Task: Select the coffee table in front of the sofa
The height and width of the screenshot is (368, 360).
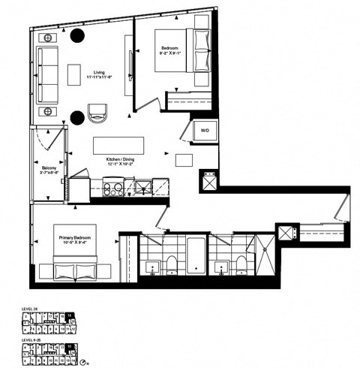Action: pyautogui.click(x=73, y=75)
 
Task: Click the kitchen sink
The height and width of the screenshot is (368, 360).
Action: pyautogui.click(x=142, y=187)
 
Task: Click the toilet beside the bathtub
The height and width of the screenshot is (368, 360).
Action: pyautogui.click(x=170, y=263)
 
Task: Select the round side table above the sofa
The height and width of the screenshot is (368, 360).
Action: pyautogui.click(x=49, y=37)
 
